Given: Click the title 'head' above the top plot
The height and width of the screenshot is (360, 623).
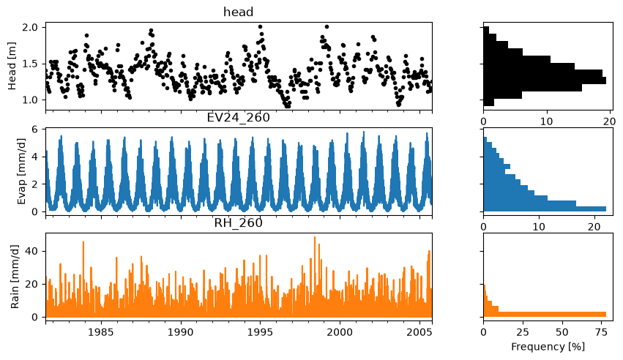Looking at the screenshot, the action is click(239, 12).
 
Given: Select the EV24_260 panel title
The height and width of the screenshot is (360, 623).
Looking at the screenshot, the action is click(239, 118).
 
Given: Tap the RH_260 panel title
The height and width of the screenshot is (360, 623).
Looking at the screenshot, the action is click(239, 223).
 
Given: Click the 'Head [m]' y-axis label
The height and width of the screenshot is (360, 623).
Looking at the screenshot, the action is click(12, 66).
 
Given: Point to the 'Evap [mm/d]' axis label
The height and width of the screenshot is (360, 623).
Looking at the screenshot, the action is click(21, 171).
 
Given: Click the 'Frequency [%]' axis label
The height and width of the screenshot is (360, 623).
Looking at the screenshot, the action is click(548, 347).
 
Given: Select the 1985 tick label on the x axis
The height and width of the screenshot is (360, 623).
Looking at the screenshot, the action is click(101, 331).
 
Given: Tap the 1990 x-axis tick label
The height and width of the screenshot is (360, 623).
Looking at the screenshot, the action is click(181, 331).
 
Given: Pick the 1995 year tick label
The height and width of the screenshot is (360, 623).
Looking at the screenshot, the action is click(260, 331).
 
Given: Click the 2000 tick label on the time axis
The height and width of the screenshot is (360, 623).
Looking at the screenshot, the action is click(340, 331).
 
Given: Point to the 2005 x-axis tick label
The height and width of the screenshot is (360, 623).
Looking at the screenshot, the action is click(419, 331).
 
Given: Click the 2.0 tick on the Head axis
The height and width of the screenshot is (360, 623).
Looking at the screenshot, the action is click(29, 27).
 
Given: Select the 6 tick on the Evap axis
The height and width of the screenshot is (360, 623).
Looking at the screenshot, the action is click(34, 130).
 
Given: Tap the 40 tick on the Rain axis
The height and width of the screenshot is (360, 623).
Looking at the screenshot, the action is click(32, 251).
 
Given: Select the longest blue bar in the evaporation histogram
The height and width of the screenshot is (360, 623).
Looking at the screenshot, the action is click(545, 209).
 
